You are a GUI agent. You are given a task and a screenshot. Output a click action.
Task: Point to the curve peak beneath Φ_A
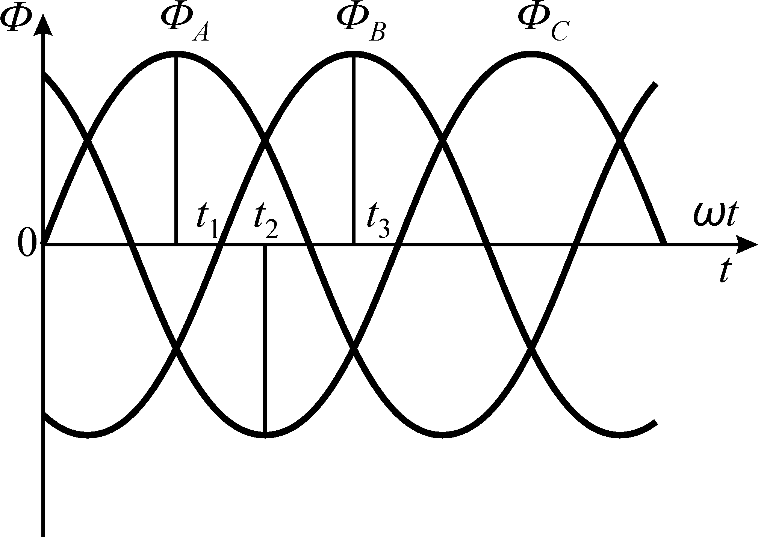click(176, 54)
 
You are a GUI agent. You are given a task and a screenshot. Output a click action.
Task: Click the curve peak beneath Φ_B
click(354, 54)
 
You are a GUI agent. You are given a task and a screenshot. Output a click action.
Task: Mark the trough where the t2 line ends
click(265, 435)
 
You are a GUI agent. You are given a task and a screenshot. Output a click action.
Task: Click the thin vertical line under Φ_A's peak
click(176, 150)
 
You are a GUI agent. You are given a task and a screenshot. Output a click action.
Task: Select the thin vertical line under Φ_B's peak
click(354, 150)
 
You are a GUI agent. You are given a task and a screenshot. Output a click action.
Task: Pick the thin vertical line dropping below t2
click(265, 338)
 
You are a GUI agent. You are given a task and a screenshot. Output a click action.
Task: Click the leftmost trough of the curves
click(88, 435)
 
